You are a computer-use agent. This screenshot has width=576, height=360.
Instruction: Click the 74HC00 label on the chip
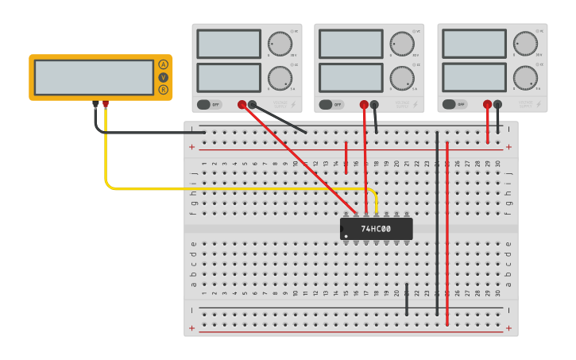coord(376,229)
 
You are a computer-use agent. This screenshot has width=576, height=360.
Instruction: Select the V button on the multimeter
coord(164,77)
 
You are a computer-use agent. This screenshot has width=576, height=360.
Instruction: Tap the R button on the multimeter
coord(164,90)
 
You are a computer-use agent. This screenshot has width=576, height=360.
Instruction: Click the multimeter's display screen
coord(94,77)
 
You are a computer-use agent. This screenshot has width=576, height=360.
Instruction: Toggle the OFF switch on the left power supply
coord(209,104)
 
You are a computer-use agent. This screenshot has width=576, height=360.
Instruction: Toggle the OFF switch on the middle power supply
coord(331,104)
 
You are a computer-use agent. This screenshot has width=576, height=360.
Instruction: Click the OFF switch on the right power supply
coord(454,104)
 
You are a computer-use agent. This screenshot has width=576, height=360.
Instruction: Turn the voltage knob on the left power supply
coord(280,43)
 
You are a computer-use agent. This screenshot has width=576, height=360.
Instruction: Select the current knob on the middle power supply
coord(402,78)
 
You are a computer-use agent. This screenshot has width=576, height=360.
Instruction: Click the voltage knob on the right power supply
coord(525,43)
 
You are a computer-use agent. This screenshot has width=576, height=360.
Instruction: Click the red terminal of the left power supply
coord(242,104)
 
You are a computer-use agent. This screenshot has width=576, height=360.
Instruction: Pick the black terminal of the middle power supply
coord(375,104)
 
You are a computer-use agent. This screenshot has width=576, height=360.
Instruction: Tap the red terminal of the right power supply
coord(487,104)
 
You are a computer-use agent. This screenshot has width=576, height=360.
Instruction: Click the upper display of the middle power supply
coord(351,44)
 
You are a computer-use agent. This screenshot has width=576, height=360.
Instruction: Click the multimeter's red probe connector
coord(106,103)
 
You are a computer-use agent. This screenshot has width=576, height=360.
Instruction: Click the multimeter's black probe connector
coord(95,103)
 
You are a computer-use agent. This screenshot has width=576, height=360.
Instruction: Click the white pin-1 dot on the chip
coord(346,236)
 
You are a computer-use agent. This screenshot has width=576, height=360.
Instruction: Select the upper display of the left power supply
coord(229,44)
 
